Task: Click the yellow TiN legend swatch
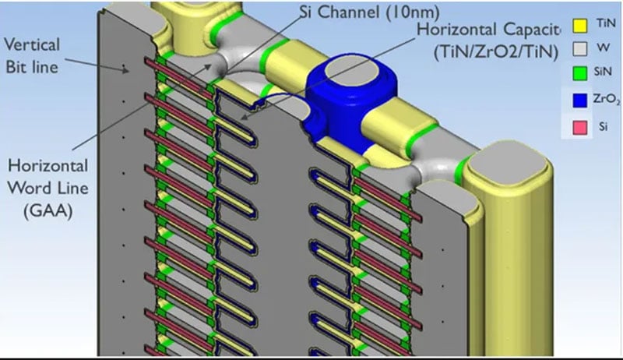[x=579, y=26]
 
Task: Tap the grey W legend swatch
[x=579, y=49]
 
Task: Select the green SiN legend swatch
[x=579, y=73]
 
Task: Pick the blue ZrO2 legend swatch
[x=579, y=100]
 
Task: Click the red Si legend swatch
[x=579, y=128]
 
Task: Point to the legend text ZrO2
[x=607, y=99]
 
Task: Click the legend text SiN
[x=602, y=72]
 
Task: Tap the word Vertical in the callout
[x=32, y=44]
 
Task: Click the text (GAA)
[x=48, y=210]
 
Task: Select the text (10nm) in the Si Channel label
[x=414, y=12]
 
